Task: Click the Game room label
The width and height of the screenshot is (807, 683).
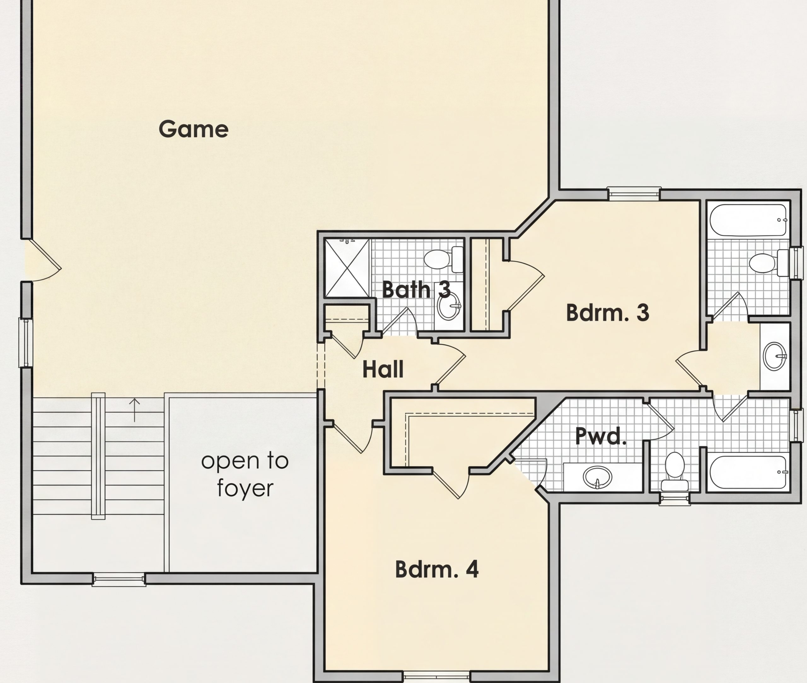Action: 193,129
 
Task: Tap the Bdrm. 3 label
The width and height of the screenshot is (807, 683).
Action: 607,313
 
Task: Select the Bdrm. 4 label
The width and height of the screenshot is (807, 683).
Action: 437,569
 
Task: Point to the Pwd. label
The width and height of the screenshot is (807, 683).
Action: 601,436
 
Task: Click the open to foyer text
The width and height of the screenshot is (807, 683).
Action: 245,474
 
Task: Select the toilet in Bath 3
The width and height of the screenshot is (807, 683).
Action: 444,259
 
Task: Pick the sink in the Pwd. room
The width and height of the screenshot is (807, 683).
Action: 597,477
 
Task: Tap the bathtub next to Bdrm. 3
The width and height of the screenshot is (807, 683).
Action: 748,220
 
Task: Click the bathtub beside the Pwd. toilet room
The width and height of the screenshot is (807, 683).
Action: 748,472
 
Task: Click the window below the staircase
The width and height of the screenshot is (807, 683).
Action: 119,579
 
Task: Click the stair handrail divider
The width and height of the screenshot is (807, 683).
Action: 98,456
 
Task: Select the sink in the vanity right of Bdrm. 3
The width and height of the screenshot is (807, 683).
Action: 775,356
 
